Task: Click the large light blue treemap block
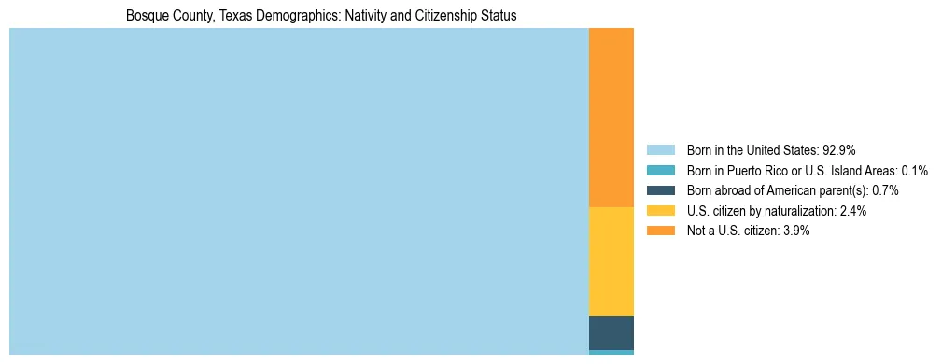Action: point(299,191)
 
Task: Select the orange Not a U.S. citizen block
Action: point(612,118)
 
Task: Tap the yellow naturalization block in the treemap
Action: point(612,261)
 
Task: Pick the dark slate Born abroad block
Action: point(612,333)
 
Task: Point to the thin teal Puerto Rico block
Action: point(612,352)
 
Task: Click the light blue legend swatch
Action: point(660,149)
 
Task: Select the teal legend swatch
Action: point(660,170)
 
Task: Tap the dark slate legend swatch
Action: point(660,190)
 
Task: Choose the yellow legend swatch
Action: point(660,211)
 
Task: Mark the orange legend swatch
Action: point(660,231)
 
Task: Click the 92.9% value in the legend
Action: point(839,149)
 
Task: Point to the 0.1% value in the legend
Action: point(914,170)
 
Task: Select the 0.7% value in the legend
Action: point(885,190)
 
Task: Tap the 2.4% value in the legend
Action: point(852,211)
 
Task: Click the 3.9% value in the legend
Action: point(795,231)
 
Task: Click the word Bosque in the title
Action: point(148,16)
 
